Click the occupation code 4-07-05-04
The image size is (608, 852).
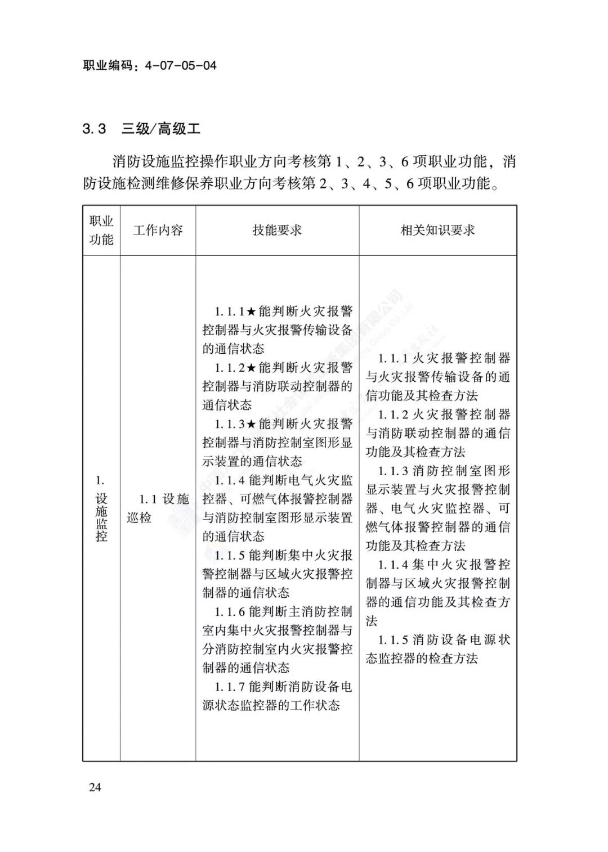coord(180,65)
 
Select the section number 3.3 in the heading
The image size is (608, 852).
coord(94,129)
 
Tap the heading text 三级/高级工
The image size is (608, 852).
coord(161,129)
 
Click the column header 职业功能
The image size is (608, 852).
coord(101,230)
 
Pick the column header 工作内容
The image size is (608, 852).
coord(158,230)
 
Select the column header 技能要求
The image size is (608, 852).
coord(277,230)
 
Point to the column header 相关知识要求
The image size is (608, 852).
coord(437,230)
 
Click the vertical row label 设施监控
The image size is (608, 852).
coord(101,516)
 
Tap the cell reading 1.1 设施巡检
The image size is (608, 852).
coord(158,508)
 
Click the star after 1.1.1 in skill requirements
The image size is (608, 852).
coord(252,312)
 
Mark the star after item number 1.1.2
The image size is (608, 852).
coord(252,368)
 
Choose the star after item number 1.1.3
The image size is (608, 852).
coord(252,424)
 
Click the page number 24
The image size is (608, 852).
coord(95,787)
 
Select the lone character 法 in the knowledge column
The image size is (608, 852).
coord(372,621)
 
